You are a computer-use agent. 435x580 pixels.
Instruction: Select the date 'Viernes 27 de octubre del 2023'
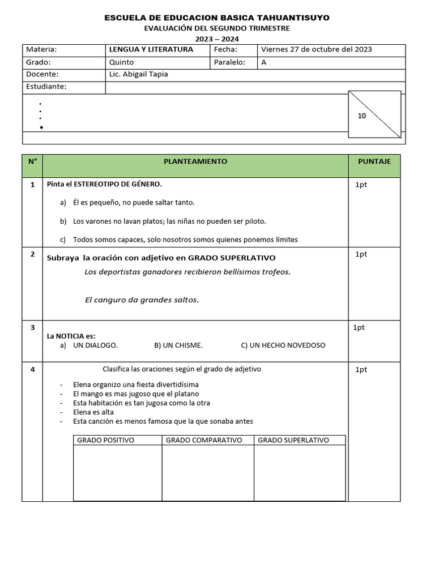[316, 49]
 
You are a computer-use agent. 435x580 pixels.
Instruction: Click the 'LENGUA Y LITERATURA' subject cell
[151, 49]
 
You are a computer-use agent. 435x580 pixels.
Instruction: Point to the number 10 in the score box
[362, 116]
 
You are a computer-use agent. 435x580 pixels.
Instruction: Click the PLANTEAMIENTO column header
[195, 161]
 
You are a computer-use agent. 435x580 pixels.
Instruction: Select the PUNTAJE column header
[374, 161]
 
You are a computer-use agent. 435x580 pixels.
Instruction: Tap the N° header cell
[32, 161]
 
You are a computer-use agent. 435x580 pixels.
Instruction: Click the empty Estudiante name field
[255, 87]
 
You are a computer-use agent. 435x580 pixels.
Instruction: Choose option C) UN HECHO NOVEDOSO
[283, 345]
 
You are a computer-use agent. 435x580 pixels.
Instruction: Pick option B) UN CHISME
[178, 345]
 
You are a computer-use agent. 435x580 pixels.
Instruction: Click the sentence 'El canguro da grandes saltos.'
[142, 300]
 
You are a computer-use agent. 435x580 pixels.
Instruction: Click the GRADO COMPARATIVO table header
[204, 440]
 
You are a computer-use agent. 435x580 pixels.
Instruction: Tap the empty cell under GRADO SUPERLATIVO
[300, 472]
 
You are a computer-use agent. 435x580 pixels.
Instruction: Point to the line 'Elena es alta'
[93, 412]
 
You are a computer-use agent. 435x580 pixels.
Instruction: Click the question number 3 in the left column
[32, 327]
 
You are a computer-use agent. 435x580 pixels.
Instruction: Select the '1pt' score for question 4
[361, 369]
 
